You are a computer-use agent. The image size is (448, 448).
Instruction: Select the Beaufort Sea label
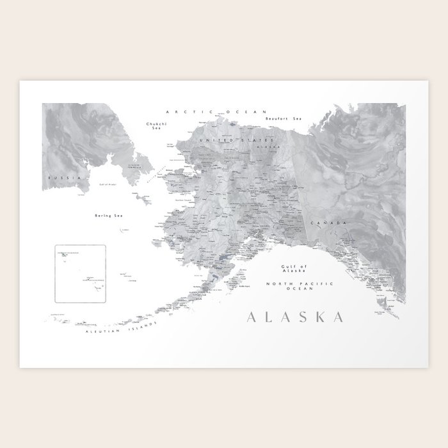(283, 118)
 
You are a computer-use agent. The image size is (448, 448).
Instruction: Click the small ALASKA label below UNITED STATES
(264, 147)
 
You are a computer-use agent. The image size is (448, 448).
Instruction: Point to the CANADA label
(324, 222)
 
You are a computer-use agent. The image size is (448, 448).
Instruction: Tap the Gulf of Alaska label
(296, 268)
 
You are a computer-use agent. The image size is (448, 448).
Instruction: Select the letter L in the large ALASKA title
(269, 317)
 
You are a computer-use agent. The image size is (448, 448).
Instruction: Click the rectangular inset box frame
(55, 275)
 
